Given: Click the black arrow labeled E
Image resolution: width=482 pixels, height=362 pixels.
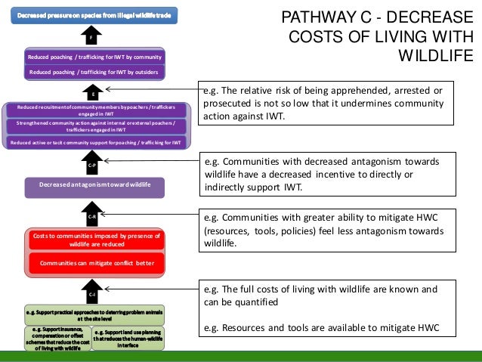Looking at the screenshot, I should (x=91, y=93).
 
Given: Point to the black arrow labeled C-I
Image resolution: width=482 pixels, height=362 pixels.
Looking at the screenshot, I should (x=91, y=292).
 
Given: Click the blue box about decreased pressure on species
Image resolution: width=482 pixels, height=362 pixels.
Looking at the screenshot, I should (x=89, y=14).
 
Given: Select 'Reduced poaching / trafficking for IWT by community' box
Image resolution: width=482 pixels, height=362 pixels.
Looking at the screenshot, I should (x=94, y=57).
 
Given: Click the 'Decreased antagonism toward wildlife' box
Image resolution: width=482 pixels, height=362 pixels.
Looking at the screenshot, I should (x=95, y=185).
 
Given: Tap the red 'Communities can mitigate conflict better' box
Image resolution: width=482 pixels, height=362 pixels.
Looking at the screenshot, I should (x=94, y=263).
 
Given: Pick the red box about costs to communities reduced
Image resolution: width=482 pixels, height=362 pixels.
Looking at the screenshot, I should (x=94, y=241).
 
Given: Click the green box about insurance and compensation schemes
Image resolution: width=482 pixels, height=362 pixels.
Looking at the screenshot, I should (x=57, y=338).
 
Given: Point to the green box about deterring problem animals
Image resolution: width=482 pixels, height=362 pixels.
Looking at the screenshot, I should (x=94, y=315).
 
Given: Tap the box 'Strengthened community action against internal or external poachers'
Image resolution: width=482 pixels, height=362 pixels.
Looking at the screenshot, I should (x=94, y=126).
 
